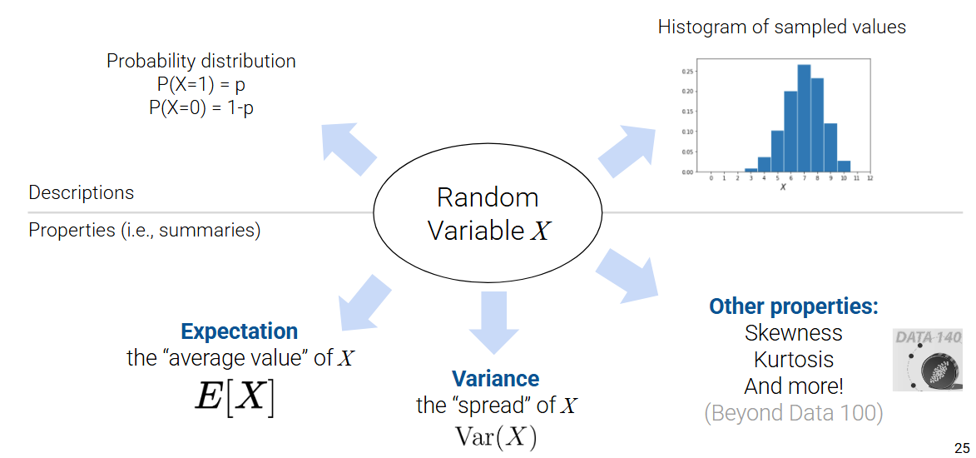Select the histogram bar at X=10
(x=844, y=167)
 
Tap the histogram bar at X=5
(x=777, y=152)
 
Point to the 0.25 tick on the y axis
(x=687, y=72)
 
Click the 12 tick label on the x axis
(x=869, y=178)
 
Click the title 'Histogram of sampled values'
(x=781, y=27)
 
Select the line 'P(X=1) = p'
(x=201, y=84)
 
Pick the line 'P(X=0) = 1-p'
(x=201, y=107)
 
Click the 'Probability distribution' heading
(x=201, y=61)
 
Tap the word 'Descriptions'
(x=81, y=192)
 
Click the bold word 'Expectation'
(x=239, y=331)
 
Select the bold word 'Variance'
(x=495, y=379)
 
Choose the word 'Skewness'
(x=793, y=333)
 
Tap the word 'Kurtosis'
(x=793, y=360)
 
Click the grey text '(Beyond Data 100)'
(x=793, y=413)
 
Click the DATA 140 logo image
(x=928, y=360)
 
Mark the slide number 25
(x=962, y=446)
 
